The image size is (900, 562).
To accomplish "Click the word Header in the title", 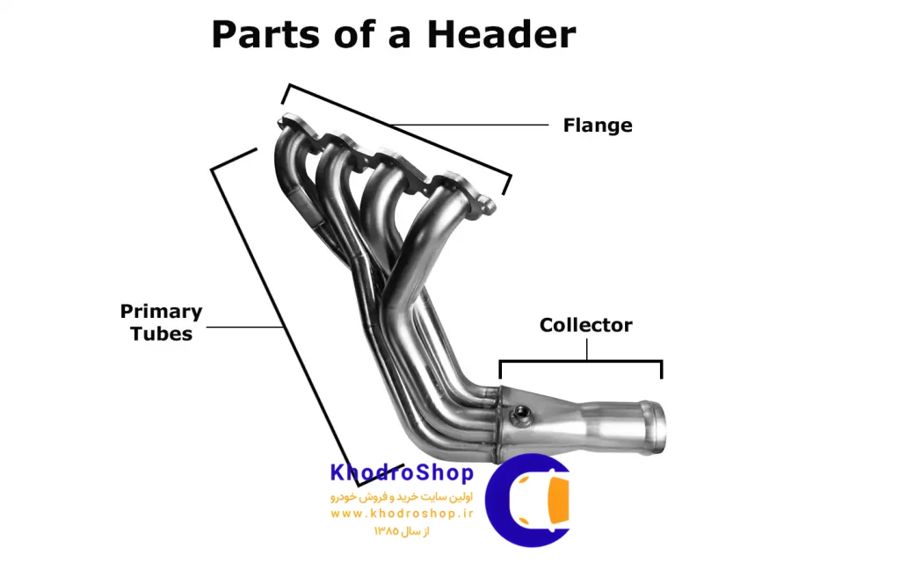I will pos(501,35).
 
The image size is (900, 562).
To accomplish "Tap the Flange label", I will pos(598,126).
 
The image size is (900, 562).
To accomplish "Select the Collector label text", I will pos(585,325).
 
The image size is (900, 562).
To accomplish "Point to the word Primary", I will pos(161,311).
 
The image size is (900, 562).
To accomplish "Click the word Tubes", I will pos(161,334).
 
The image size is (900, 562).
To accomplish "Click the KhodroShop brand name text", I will pos(402,473).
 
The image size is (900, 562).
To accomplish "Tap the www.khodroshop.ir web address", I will pos(402,513).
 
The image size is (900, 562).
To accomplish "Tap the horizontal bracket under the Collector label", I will pos(581,362).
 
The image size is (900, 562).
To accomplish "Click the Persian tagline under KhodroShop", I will pos(402,497).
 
